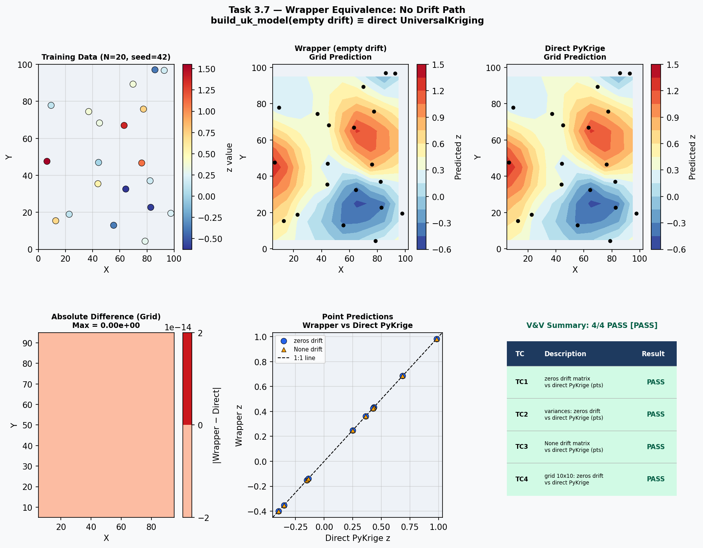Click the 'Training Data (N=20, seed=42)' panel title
tap(106, 57)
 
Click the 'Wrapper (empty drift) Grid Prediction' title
tap(340, 53)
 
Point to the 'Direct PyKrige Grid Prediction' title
tap(575, 53)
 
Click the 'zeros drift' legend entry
tap(308, 341)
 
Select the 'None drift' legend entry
tap(308, 350)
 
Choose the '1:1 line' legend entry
tap(304, 358)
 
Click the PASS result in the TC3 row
tap(656, 447)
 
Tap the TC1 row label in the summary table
tap(521, 382)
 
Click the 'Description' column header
tap(565, 354)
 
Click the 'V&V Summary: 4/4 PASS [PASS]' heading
tap(592, 326)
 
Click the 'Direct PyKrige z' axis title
tap(357, 538)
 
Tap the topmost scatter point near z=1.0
tap(437, 339)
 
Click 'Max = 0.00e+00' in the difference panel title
tap(106, 326)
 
